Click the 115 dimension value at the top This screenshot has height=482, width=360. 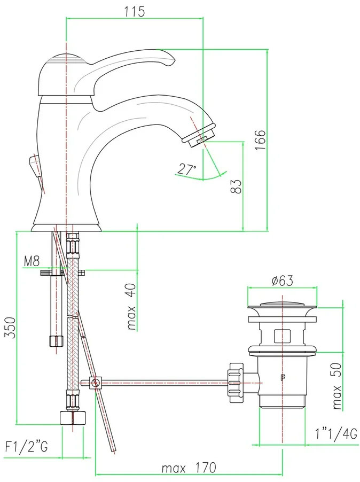pyautogui.click(x=135, y=12)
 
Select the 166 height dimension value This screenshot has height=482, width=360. pyautogui.click(x=260, y=140)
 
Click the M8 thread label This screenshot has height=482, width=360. pyautogui.click(x=32, y=262)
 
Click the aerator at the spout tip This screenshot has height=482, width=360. pyautogui.click(x=200, y=136)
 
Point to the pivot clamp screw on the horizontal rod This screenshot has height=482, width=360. pyautogui.click(x=96, y=382)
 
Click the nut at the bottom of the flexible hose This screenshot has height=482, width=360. pyautogui.click(x=73, y=418)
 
